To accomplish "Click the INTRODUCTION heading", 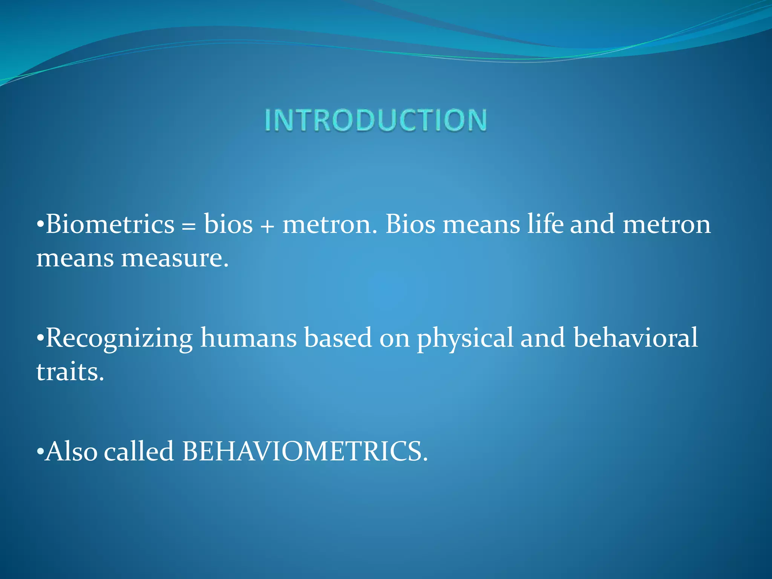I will click(375, 120).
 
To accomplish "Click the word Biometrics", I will click(110, 224).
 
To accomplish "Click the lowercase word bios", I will click(228, 224).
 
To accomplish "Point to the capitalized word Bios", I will click(410, 224).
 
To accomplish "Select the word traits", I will click(70, 372).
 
